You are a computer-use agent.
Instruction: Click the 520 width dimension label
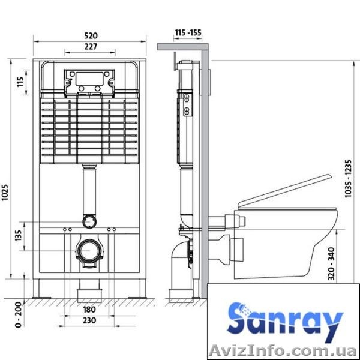click(91, 35)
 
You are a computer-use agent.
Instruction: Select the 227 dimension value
click(91, 47)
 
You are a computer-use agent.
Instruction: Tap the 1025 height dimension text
click(5, 193)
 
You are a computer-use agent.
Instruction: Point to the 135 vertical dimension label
click(18, 235)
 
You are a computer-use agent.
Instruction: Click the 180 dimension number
click(89, 309)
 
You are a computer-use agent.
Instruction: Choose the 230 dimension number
click(89, 320)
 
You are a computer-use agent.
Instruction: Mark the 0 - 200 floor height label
click(18, 314)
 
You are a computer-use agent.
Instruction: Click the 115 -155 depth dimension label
click(188, 33)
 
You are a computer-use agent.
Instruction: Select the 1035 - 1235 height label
click(348, 178)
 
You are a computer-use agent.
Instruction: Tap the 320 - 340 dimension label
click(332, 263)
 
